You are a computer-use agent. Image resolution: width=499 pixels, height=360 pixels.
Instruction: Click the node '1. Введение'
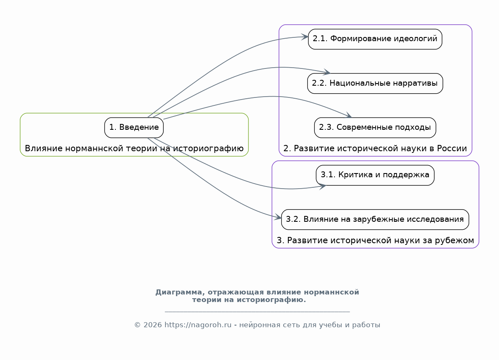click(134, 127)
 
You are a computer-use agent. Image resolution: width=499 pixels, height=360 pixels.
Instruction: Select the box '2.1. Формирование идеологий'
click(375, 39)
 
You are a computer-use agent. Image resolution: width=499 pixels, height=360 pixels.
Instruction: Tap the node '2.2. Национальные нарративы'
click(375, 83)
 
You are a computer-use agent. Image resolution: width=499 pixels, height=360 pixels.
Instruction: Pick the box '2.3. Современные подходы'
click(375, 127)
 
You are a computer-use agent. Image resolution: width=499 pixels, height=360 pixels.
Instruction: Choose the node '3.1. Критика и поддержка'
click(375, 175)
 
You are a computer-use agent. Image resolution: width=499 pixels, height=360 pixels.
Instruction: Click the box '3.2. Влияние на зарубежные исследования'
click(375, 219)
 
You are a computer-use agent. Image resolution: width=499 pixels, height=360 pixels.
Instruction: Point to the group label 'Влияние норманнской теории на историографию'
click(134, 148)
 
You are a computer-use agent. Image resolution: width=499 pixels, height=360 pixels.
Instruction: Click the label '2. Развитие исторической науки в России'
click(375, 148)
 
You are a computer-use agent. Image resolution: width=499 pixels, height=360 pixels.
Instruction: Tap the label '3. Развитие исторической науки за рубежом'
click(375, 240)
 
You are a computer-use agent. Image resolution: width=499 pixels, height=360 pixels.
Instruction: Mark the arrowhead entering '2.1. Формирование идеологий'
click(305, 37)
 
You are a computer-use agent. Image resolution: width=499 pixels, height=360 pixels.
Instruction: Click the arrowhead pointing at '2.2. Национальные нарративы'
click(327, 72)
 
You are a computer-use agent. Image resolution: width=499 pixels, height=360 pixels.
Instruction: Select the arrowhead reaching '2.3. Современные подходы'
click(348, 116)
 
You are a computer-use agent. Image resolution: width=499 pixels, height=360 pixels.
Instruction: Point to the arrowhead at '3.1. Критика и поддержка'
click(323, 186)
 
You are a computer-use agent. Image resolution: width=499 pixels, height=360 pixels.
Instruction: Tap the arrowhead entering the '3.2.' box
click(278, 218)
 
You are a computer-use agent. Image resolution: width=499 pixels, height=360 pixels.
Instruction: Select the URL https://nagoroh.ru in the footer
click(198, 325)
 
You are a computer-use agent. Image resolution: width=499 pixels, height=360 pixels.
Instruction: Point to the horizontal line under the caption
click(257, 311)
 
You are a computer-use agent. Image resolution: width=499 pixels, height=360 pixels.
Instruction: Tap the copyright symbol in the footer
click(138, 325)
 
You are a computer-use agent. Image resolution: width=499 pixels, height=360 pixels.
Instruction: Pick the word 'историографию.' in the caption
click(271, 300)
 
